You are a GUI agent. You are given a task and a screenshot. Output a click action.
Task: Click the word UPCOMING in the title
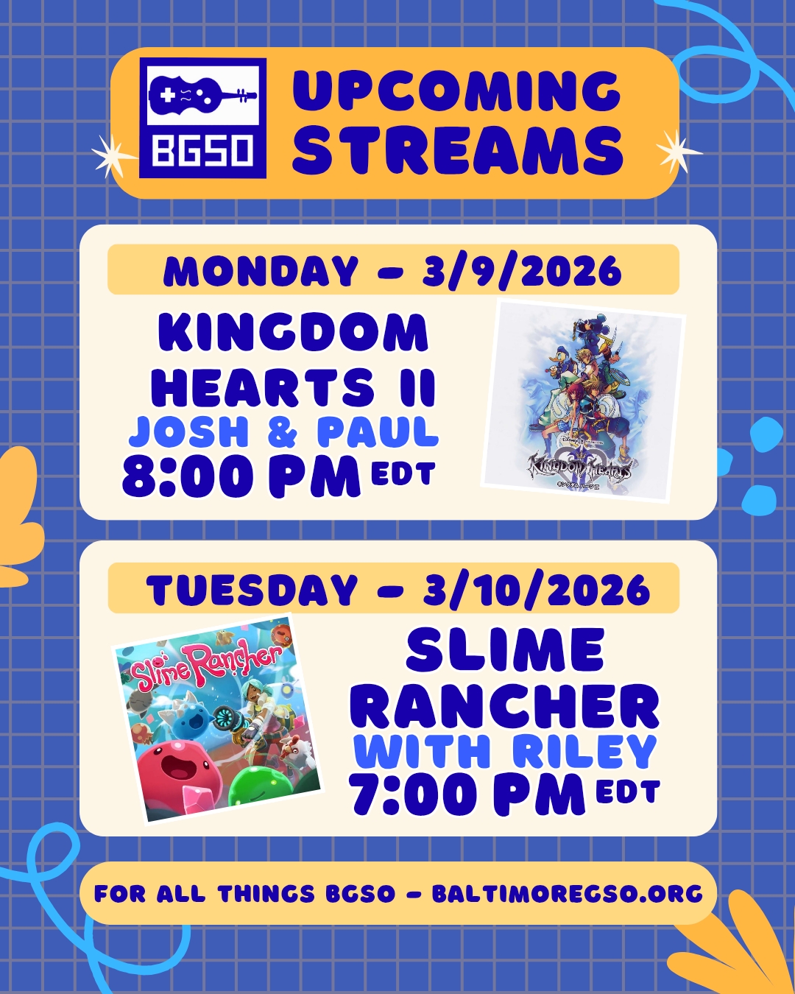click(x=456, y=91)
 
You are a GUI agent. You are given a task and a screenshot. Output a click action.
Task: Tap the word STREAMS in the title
click(x=458, y=149)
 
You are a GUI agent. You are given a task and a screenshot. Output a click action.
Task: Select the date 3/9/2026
click(x=521, y=271)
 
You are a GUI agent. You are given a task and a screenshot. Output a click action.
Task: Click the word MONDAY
click(x=261, y=271)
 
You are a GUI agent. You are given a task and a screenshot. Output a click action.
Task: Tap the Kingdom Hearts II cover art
click(x=583, y=401)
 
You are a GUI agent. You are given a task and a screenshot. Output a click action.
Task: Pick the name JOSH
click(x=188, y=432)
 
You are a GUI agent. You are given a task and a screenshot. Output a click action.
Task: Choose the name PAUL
click(x=378, y=432)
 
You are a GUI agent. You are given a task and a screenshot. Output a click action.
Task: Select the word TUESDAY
click(x=252, y=590)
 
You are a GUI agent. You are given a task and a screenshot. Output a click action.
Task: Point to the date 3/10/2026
click(x=537, y=590)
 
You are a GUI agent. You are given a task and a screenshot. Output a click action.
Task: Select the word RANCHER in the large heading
click(x=507, y=707)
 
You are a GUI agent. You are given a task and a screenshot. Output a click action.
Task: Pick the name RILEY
click(x=584, y=752)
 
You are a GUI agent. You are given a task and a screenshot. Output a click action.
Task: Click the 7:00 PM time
click(x=466, y=795)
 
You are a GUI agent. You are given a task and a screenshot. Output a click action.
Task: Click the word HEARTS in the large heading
click(x=262, y=387)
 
